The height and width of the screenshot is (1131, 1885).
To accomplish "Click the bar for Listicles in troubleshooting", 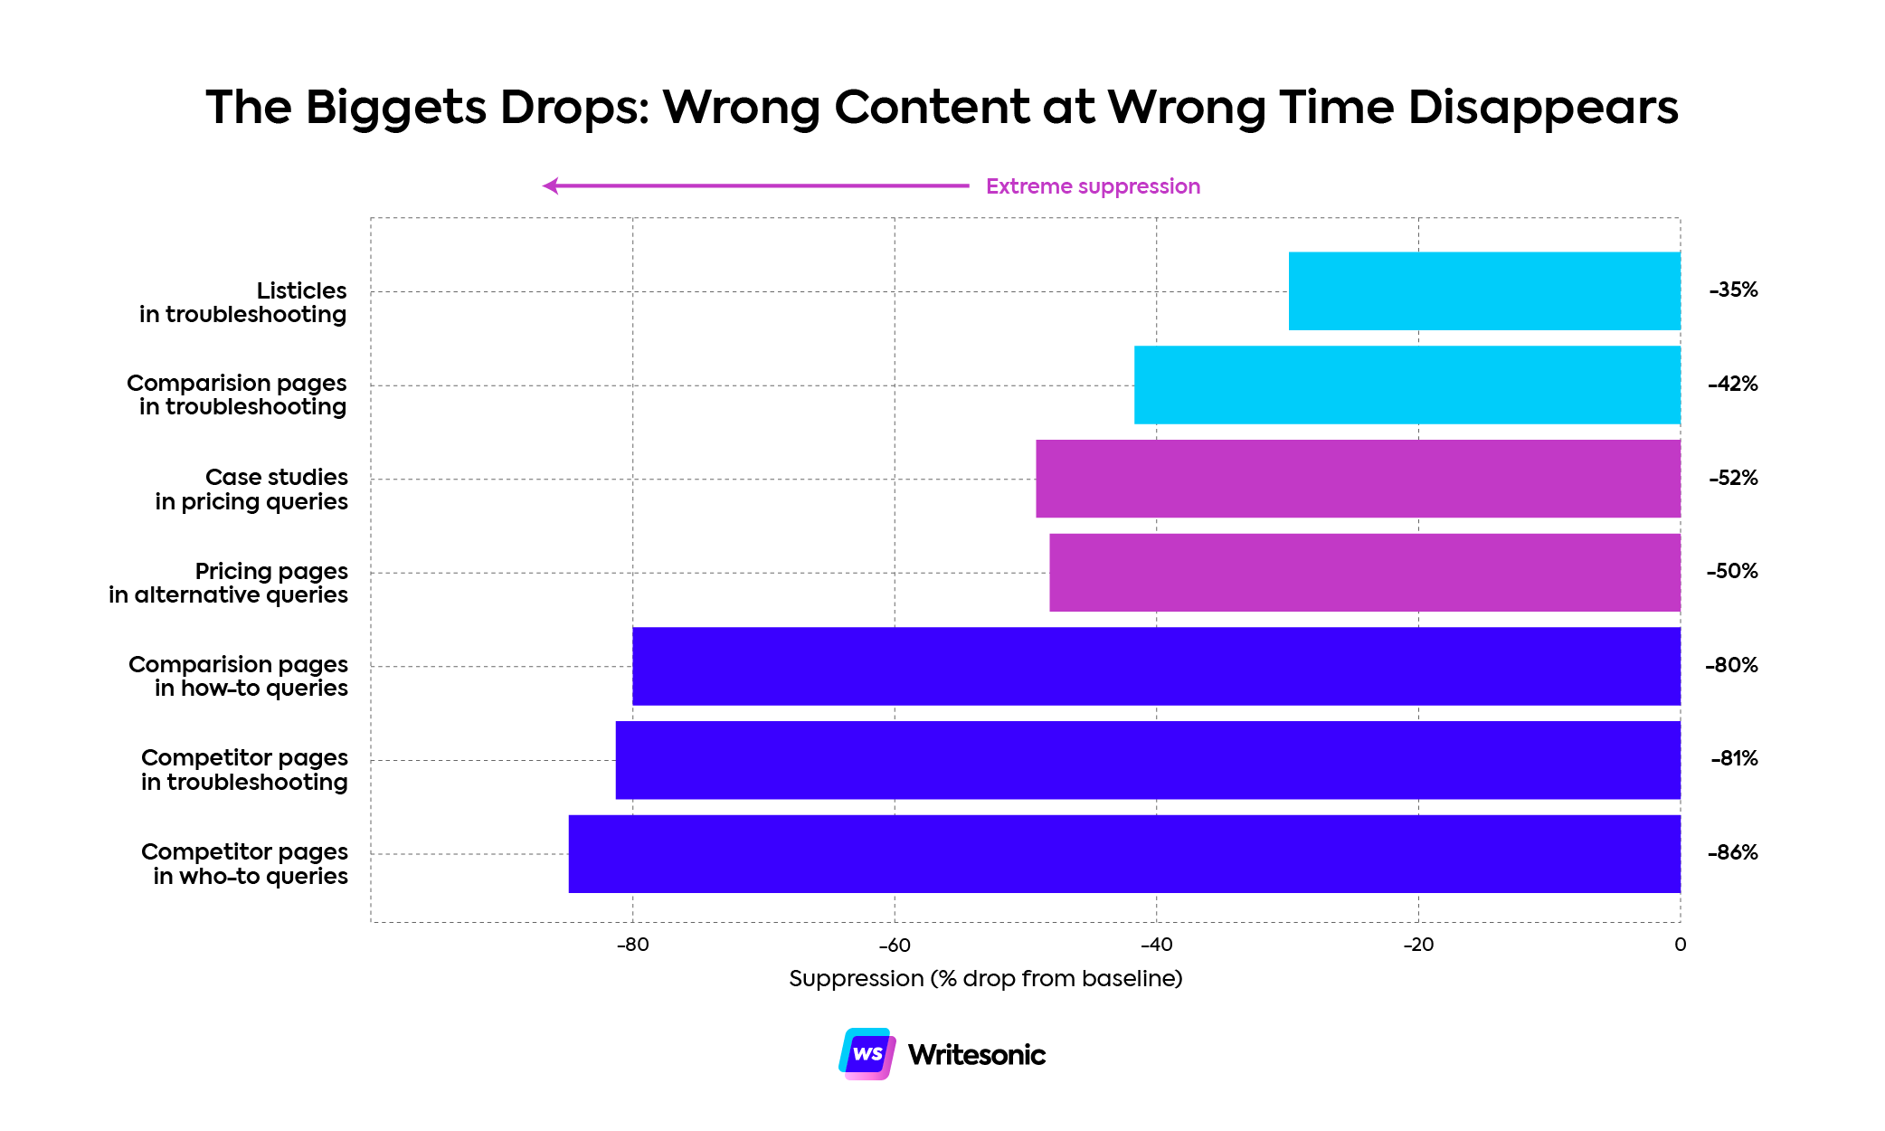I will pyautogui.click(x=1483, y=290).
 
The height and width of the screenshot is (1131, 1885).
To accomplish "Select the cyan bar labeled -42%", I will pyautogui.click(x=1407, y=385).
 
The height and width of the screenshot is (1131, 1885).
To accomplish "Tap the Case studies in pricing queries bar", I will pyautogui.click(x=1357, y=479).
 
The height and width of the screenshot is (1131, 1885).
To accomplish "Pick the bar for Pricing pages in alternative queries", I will pyautogui.click(x=1364, y=573).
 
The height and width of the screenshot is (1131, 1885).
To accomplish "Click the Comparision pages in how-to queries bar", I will pyautogui.click(x=1156, y=666).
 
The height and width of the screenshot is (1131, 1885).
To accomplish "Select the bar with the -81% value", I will pyautogui.click(x=1147, y=760).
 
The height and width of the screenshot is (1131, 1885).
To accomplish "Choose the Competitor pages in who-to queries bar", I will pyautogui.click(x=1123, y=853).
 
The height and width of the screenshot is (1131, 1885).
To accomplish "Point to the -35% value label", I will pyautogui.click(x=1733, y=290).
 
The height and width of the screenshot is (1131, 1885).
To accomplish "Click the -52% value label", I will pyautogui.click(x=1733, y=478).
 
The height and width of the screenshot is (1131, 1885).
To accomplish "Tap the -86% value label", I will pyautogui.click(x=1732, y=852).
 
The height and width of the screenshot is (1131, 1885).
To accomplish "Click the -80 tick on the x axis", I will pyautogui.click(x=632, y=945).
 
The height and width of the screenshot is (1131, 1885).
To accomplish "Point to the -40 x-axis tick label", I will pyautogui.click(x=1156, y=945).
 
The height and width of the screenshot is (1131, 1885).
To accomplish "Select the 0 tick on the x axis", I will pyautogui.click(x=1680, y=945).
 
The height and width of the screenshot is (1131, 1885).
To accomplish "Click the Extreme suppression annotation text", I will pyautogui.click(x=1093, y=186).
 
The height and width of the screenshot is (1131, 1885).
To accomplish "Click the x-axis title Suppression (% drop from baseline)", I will pyautogui.click(x=985, y=978).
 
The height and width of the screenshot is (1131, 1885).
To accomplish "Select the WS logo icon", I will pyautogui.click(x=867, y=1054).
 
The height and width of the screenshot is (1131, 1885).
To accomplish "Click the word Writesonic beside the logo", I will pyautogui.click(x=976, y=1055).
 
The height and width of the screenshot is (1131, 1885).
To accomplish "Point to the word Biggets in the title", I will pyautogui.click(x=396, y=107).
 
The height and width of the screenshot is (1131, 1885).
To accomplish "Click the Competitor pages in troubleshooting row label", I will pyautogui.click(x=244, y=769).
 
